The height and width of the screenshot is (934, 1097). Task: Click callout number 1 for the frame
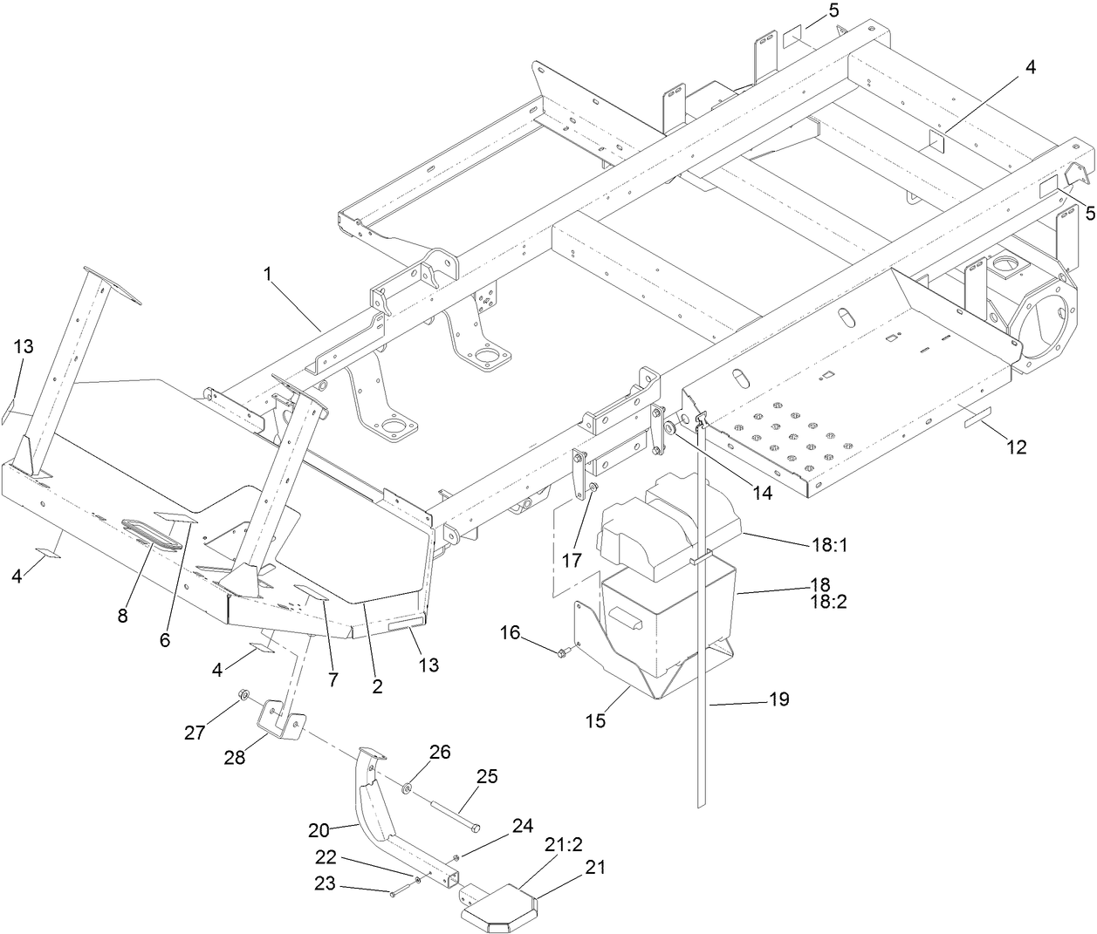click(270, 274)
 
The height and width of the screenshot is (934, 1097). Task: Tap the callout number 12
click(1016, 447)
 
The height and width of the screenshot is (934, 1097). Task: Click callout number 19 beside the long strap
click(778, 699)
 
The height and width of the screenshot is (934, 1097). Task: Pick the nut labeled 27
click(245, 694)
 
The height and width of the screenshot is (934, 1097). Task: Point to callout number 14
click(763, 492)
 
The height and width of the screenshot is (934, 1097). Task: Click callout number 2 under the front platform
click(377, 686)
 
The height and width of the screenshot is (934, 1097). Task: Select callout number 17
click(571, 560)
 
